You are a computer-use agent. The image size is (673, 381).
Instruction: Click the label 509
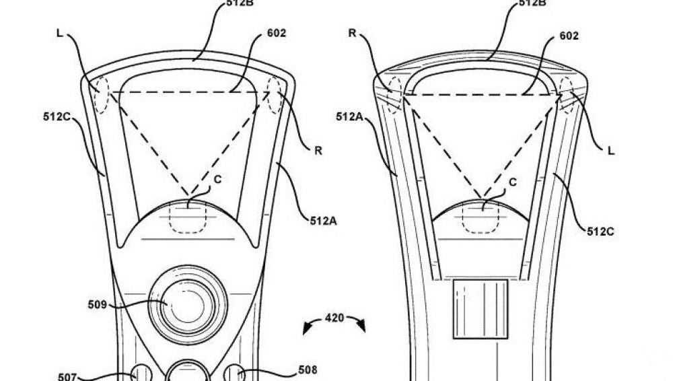(97, 305)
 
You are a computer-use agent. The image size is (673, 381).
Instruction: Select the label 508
(307, 370)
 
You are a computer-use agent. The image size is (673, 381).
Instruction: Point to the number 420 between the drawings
(334, 316)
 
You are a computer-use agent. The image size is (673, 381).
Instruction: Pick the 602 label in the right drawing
(569, 36)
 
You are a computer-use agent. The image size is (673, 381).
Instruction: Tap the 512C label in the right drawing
(600, 232)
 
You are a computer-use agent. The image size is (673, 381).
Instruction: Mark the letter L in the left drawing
(60, 32)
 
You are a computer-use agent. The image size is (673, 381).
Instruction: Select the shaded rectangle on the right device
(481, 308)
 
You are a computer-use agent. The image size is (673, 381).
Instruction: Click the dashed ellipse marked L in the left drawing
(101, 95)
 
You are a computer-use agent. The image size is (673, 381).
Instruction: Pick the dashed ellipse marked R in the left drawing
(276, 95)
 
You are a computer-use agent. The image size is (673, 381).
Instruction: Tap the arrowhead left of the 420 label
(307, 329)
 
